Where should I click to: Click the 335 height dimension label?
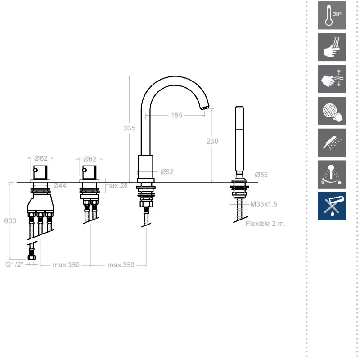tap(130, 128)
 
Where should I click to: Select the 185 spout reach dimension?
tap(176, 115)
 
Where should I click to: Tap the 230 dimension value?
tap(212, 141)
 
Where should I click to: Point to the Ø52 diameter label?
tap(167, 172)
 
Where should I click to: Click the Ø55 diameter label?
tap(261, 175)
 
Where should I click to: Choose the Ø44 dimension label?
tap(60, 185)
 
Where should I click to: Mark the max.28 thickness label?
tap(116, 185)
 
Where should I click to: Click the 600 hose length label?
tap(10, 221)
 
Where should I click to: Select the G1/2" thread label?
tap(14, 265)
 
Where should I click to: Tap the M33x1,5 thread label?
tap(264, 204)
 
